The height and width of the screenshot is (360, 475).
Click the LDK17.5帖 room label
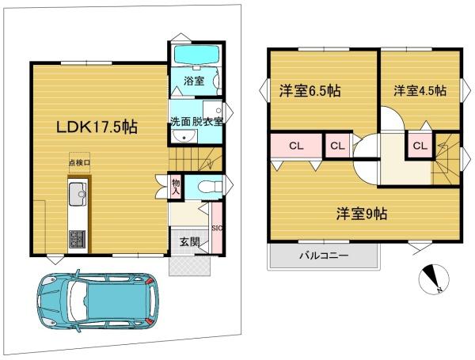click(x=97, y=127)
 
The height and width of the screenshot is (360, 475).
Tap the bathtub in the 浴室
click(x=196, y=55)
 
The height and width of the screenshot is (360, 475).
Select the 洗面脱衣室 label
click(x=196, y=121)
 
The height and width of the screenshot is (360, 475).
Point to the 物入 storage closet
click(x=176, y=187)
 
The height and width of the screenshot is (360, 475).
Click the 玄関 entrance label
click(x=190, y=242)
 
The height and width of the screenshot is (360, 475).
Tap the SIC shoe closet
click(x=217, y=228)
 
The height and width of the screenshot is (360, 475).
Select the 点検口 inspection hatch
click(x=79, y=162)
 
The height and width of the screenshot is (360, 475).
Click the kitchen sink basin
click(x=78, y=194)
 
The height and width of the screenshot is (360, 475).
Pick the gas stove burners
click(x=78, y=239)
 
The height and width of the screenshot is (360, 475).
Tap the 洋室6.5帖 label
click(x=310, y=91)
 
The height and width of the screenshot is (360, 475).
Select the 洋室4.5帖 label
click(x=420, y=91)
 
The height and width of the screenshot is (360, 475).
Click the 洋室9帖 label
click(x=362, y=214)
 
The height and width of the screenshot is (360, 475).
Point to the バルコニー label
click(x=324, y=256)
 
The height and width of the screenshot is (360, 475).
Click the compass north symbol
click(x=434, y=279)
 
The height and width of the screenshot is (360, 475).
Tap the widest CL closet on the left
click(x=296, y=146)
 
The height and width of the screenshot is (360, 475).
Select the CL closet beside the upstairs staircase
click(x=420, y=146)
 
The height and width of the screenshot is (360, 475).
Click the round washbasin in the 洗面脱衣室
click(x=184, y=137)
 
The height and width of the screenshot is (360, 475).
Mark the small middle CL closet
click(x=337, y=146)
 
